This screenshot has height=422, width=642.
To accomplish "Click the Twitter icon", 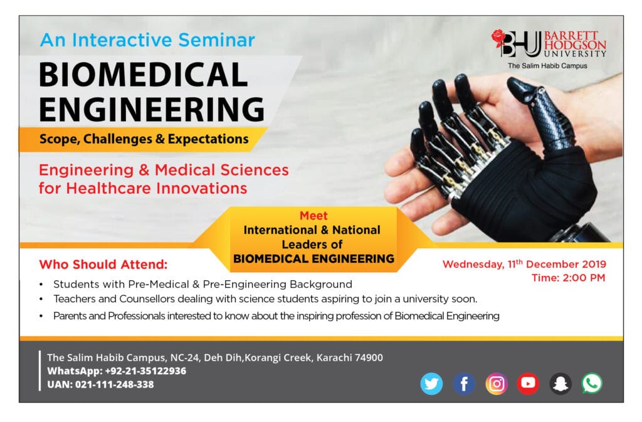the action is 431,384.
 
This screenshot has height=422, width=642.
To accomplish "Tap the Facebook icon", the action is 464,384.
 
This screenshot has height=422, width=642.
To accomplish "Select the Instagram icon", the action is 497,384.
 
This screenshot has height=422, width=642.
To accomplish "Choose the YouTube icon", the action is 528,384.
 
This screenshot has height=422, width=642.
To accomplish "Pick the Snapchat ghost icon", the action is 560,384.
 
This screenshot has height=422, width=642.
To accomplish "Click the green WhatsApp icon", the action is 592,383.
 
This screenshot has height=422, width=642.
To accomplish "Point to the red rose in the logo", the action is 498,37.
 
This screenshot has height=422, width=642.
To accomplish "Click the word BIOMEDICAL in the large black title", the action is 144,75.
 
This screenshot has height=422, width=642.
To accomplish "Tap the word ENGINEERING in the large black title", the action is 152,109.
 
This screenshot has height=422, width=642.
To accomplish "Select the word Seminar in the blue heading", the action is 216,40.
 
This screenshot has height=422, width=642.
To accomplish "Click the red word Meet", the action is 313,216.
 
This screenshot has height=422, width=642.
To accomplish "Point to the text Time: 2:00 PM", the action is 568,278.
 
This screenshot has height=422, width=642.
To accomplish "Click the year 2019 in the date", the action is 594,264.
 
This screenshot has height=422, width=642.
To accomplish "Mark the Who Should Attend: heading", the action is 103,265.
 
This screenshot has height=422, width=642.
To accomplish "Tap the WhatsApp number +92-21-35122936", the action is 145,371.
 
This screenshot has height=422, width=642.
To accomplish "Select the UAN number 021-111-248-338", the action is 115,384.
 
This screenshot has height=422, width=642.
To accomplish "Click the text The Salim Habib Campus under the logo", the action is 547,65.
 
